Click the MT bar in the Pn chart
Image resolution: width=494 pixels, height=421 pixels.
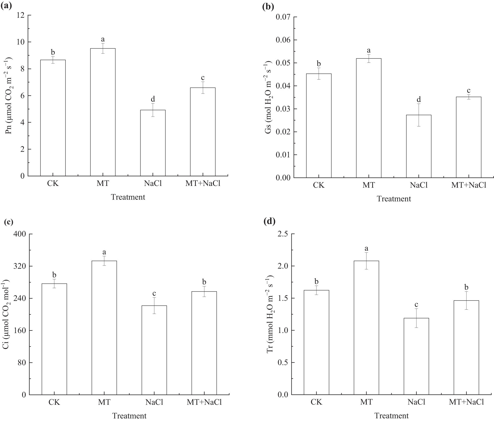[103, 112]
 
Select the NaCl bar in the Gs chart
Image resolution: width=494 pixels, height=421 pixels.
[418, 146]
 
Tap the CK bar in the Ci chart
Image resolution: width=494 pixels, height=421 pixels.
[54, 339]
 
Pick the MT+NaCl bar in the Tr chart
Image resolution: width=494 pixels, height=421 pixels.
[466, 347]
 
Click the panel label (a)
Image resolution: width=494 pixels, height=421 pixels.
[6, 6]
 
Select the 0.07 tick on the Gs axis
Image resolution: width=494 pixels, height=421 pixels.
[283, 17]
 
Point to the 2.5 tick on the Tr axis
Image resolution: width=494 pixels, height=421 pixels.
[284, 234]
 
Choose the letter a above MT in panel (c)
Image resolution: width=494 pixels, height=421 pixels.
[104, 252]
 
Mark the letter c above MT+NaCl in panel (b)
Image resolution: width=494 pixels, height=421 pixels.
[468, 90]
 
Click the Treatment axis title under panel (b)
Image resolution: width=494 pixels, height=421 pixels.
[394, 199]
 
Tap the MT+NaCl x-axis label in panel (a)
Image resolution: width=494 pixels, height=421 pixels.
[203, 183]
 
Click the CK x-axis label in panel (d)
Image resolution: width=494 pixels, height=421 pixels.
[316, 402]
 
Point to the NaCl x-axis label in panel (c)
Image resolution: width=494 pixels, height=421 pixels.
[154, 402]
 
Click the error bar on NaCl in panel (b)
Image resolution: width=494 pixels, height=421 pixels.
[418, 115]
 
